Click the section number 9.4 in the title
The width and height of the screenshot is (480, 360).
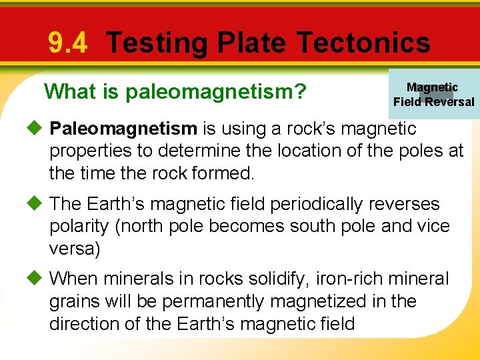67,44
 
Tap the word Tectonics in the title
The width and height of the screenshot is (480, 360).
363,43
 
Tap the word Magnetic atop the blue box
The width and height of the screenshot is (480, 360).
432,87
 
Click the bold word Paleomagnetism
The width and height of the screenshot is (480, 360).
123,128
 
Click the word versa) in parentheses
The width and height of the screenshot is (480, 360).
74,249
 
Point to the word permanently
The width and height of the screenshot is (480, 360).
209,301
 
